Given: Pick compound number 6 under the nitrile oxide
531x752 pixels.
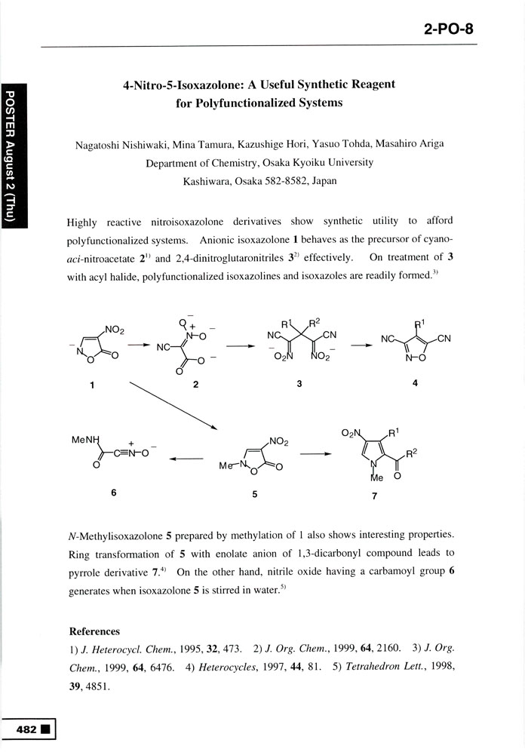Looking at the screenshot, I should [112, 493].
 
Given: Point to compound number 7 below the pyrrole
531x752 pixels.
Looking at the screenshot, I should [374, 496].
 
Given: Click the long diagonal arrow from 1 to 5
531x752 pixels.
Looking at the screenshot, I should [173, 406].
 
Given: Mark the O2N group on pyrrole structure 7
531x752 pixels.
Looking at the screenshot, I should [352, 432].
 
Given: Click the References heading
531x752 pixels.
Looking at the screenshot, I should [94, 631].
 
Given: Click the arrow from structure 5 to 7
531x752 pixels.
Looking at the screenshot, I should [315, 455].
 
